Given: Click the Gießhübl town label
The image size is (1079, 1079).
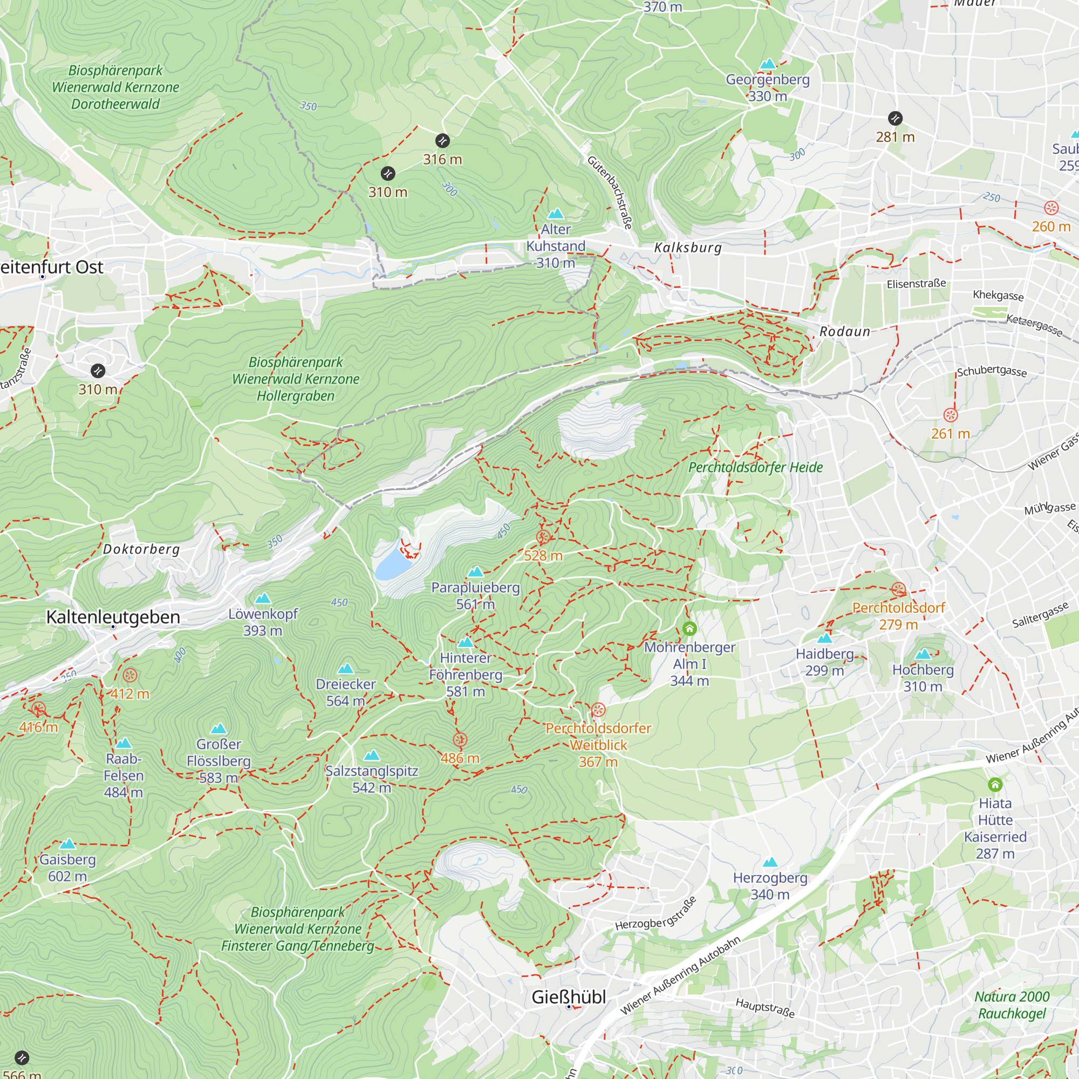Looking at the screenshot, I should (568, 997).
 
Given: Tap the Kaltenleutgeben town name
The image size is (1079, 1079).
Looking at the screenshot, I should (113, 617).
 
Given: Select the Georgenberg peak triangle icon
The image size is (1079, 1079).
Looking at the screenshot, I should (768, 64).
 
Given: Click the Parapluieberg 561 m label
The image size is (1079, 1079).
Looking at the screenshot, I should (475, 596).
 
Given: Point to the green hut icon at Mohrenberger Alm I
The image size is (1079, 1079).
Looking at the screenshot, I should (689, 629).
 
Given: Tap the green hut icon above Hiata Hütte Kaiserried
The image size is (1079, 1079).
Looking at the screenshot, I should (995, 784).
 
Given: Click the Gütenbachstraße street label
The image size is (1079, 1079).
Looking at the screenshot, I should (610, 192).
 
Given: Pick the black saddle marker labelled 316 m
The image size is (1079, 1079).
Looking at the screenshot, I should (442, 140).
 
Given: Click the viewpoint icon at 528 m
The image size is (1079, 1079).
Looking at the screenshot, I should (543, 537).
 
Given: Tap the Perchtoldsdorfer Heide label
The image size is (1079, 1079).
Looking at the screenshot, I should (755, 467).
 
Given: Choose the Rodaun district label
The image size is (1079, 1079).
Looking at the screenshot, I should (844, 332).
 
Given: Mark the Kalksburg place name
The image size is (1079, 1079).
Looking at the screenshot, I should (688, 248).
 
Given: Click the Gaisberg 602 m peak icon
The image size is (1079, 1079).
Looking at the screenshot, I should (67, 844).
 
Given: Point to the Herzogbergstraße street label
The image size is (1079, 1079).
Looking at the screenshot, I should (655, 914).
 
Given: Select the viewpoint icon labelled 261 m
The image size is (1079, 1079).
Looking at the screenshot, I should (951, 415).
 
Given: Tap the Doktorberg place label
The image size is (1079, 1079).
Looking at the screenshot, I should (141, 549).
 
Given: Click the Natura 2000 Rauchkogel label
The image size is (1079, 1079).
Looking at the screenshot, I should (1012, 1005).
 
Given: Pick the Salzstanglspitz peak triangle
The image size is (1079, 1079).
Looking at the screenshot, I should (371, 756).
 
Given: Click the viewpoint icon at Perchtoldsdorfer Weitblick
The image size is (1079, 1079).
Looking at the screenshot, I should (598, 710).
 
